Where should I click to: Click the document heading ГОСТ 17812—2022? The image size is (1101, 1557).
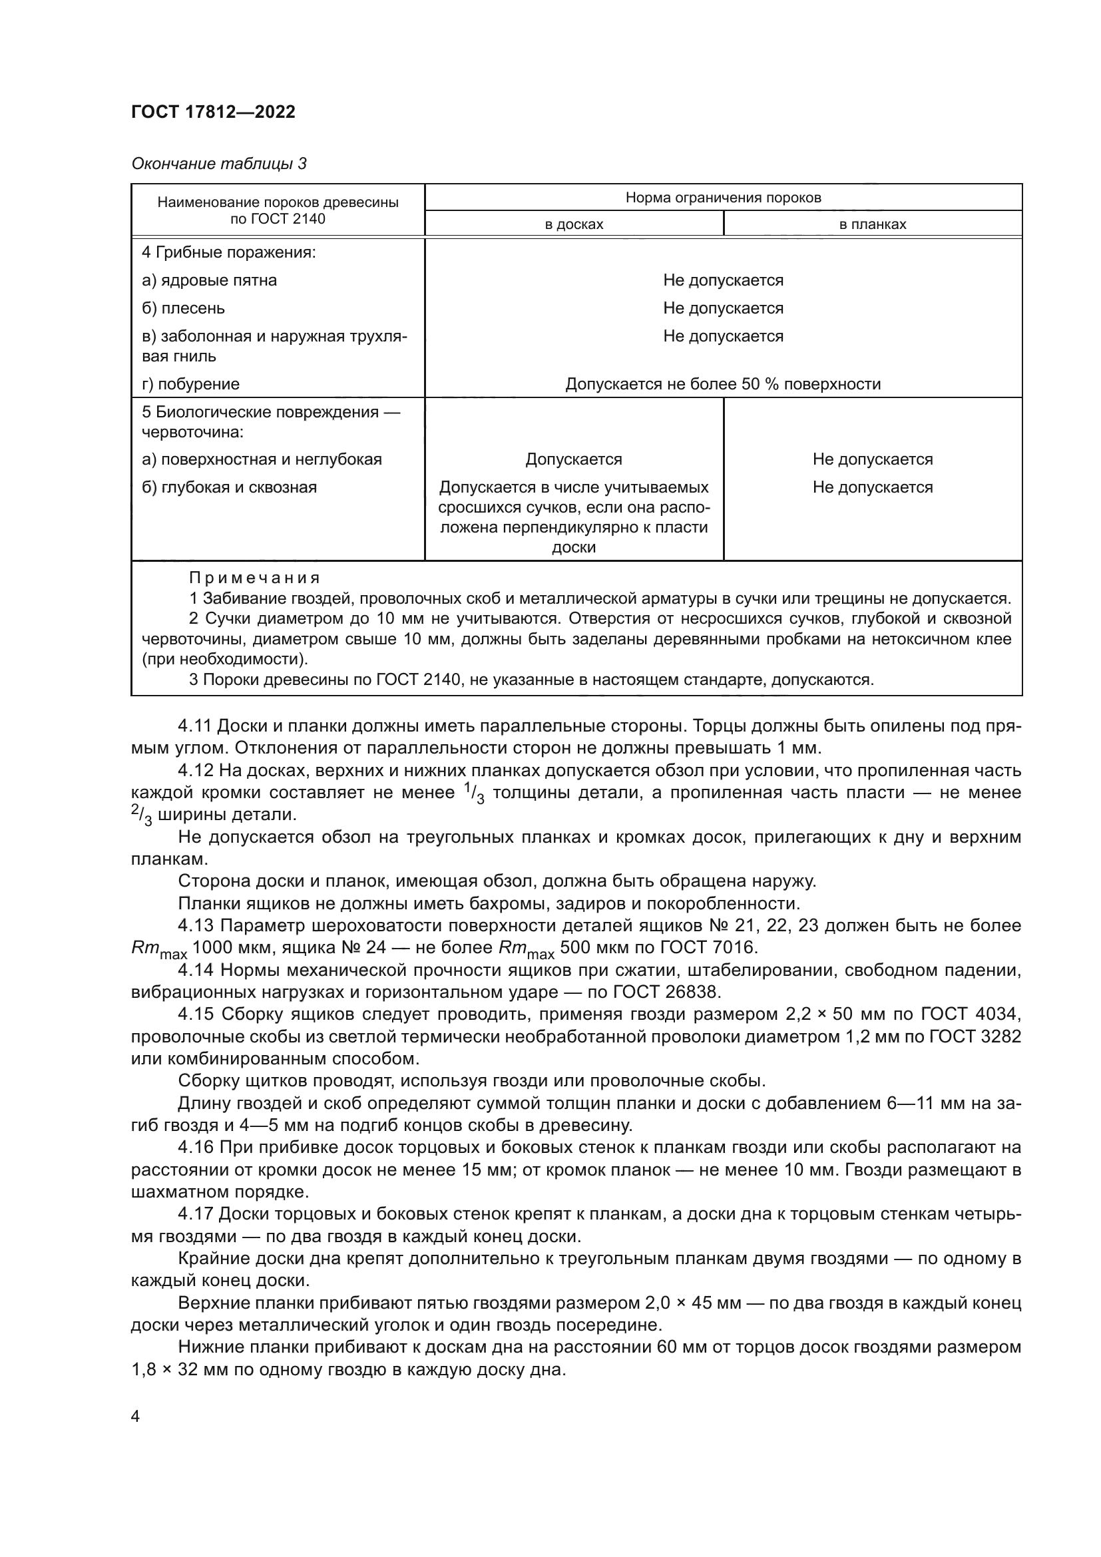[213, 112]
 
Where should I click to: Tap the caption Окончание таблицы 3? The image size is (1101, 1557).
[218, 164]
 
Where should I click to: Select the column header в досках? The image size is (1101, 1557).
[574, 224]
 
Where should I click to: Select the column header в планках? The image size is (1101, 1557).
[872, 224]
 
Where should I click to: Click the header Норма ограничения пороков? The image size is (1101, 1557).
[723, 198]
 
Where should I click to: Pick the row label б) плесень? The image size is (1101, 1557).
[183, 309]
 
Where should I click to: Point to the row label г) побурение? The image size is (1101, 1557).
[190, 385]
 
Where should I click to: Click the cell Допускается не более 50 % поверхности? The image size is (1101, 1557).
[723, 385]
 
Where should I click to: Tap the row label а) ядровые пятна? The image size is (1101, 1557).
[209, 281]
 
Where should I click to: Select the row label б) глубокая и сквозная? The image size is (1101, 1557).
[229, 487]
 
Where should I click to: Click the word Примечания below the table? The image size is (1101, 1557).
[254, 578]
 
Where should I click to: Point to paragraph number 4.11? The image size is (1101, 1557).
[195, 726]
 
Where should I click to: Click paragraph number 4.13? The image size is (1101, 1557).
[195, 927]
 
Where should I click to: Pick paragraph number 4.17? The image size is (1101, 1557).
[195, 1214]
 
